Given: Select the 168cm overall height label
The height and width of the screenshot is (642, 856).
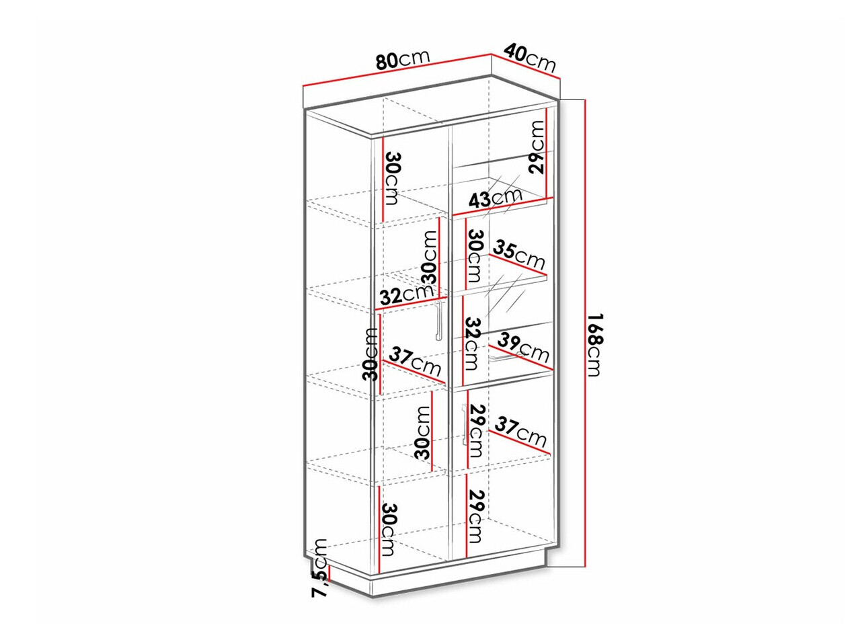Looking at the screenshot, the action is click(596, 345).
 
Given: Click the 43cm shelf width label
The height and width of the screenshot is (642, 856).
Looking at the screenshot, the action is click(495, 198).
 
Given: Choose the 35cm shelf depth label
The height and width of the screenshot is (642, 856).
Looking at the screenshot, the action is click(518, 255).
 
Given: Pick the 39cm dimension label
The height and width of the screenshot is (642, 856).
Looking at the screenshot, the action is click(524, 347).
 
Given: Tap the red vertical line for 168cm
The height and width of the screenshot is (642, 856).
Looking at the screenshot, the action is click(584, 338).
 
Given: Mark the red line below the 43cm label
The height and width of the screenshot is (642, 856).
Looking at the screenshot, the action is click(502, 207).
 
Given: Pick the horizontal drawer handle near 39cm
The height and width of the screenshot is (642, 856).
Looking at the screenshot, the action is click(508, 358).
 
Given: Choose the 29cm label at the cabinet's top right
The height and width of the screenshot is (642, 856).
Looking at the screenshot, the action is click(535, 147).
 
